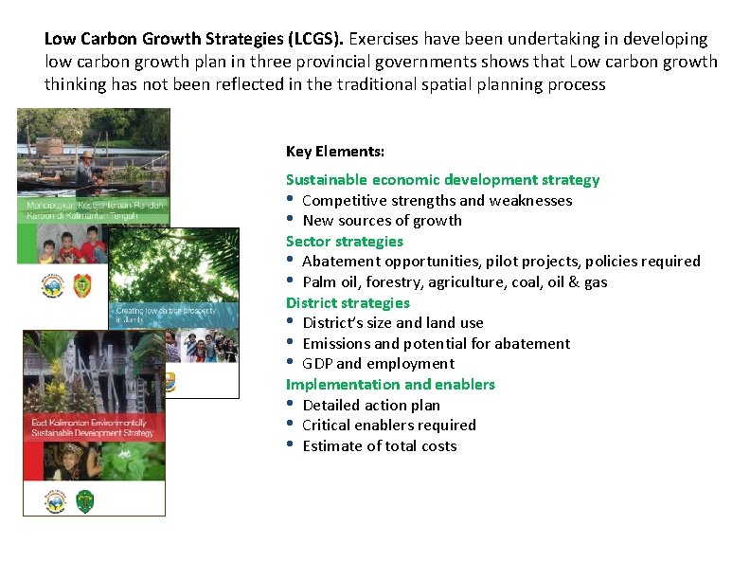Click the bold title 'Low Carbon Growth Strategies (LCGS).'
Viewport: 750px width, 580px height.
click(195, 39)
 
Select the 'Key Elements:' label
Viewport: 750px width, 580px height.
click(335, 152)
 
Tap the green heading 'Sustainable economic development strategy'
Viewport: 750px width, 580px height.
click(442, 179)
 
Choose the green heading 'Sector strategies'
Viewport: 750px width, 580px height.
click(344, 241)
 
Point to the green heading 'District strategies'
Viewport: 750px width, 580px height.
click(348, 302)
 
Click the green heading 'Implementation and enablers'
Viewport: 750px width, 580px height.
click(390, 384)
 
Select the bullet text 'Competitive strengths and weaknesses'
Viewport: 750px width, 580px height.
click(437, 200)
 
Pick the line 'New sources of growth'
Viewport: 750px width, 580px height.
click(382, 221)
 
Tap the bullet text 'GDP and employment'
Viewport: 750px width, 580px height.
click(378, 363)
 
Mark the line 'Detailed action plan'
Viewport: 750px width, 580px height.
click(371, 405)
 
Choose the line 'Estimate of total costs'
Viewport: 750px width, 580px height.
click(379, 445)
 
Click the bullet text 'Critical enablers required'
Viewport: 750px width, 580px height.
click(388, 425)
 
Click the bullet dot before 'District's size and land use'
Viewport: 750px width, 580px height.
click(292, 322)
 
